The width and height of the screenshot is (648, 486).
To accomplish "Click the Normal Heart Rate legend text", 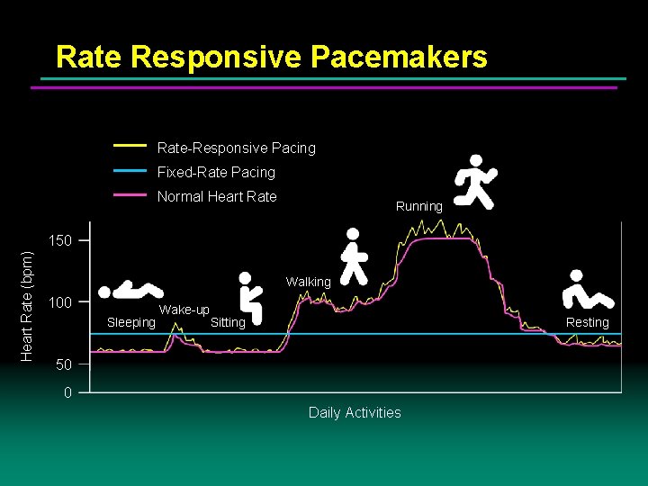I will click(217, 196).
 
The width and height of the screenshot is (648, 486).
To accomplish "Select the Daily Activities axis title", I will click(355, 412).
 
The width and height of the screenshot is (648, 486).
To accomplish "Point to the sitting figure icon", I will click(249, 297).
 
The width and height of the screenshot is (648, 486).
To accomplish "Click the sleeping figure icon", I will click(131, 291).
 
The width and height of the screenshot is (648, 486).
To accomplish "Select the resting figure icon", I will click(586, 290).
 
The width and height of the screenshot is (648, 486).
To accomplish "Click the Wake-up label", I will click(184, 310).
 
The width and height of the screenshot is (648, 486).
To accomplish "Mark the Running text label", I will click(419, 206).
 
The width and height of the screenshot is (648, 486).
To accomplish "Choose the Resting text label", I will click(587, 322).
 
